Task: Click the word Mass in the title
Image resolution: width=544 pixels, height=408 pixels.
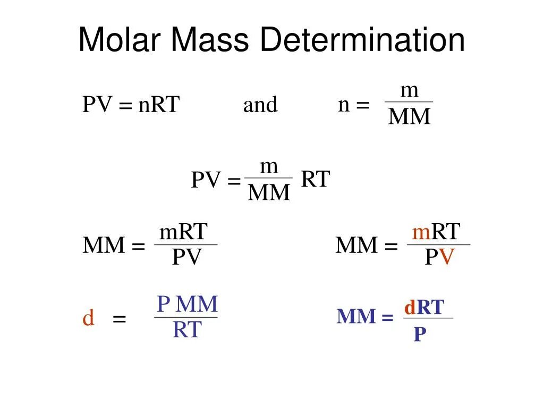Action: (x=211, y=41)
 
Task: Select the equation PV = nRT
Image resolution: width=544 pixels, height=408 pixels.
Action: (x=131, y=105)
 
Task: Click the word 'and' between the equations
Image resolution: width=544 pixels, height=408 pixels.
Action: (x=260, y=105)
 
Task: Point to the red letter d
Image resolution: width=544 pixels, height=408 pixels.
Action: (x=89, y=319)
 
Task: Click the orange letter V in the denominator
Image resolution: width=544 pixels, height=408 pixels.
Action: (x=448, y=258)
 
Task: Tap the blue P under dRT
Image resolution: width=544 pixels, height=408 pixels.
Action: (x=420, y=334)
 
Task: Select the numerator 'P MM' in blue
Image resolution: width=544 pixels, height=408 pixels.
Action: (x=187, y=304)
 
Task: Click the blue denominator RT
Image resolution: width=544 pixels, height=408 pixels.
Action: (x=187, y=330)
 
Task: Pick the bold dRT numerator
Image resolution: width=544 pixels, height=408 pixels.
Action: (x=424, y=307)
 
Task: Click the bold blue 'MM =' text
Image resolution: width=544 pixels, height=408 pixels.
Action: (x=365, y=317)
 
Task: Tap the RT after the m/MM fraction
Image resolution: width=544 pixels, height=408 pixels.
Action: (x=316, y=180)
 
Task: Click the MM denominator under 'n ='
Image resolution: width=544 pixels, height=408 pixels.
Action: (x=409, y=117)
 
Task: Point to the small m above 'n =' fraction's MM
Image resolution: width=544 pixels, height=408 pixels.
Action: (x=409, y=90)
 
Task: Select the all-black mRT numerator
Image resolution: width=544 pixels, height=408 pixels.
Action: (x=183, y=232)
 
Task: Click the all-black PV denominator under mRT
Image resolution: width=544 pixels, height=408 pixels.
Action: (x=186, y=258)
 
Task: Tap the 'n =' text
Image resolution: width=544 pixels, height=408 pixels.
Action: (x=354, y=105)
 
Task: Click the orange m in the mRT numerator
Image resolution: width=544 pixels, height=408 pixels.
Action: (x=421, y=232)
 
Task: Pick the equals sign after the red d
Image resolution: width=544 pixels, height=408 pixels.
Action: (x=119, y=319)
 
